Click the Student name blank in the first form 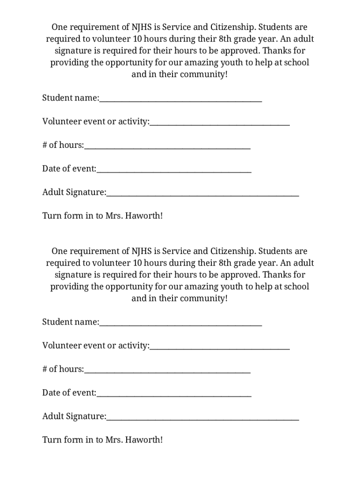coord(180,99)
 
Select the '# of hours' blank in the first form coord(167,146)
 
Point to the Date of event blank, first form coord(174,169)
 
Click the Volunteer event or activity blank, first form coord(220,123)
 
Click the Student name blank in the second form coord(180,323)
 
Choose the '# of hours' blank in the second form coord(167,370)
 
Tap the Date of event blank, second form coord(174,393)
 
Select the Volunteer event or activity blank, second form coord(220,347)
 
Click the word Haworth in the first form coord(143,216)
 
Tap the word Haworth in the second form coord(143,440)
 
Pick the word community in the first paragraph coord(204,74)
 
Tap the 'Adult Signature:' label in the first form coord(74,192)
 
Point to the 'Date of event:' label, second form coord(69,393)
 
